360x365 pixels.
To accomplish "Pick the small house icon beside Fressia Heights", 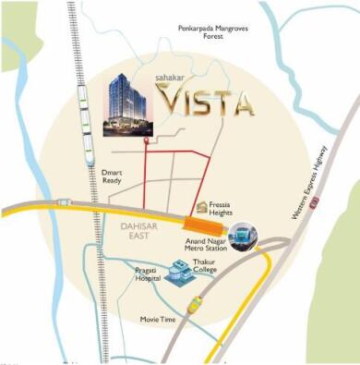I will [x=203, y=206].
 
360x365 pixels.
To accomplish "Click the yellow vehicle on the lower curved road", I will [x=195, y=304].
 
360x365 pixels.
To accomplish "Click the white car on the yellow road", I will [x=63, y=201].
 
